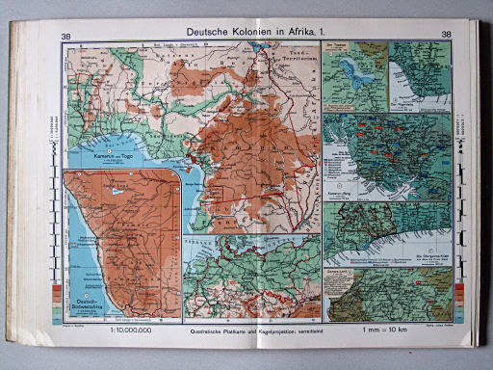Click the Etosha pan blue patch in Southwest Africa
coord(117,192)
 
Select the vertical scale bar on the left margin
coord(49,183)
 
